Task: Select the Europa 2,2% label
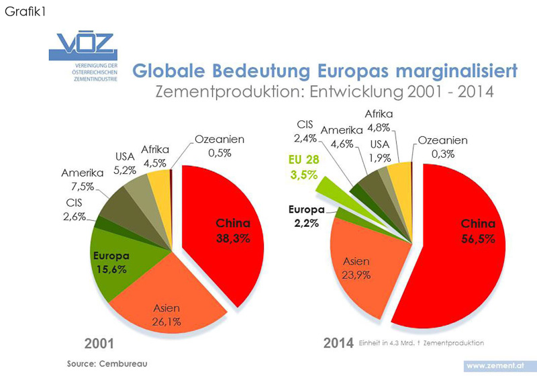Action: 306,215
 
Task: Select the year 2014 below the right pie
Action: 338,343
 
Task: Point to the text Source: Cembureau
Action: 107,363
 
